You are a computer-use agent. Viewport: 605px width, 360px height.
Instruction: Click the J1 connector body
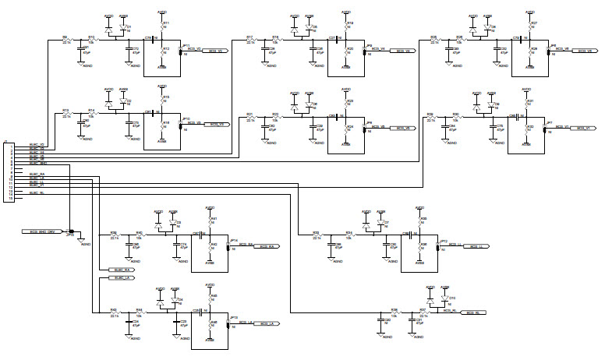(x=9, y=171)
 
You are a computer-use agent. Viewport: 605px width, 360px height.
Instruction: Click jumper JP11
(x=182, y=51)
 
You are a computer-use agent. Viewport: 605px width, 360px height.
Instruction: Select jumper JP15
(x=71, y=231)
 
